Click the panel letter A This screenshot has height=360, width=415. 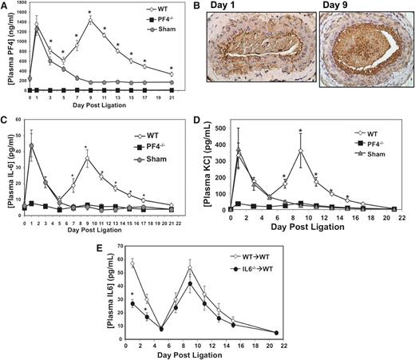click(x=6, y=6)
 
